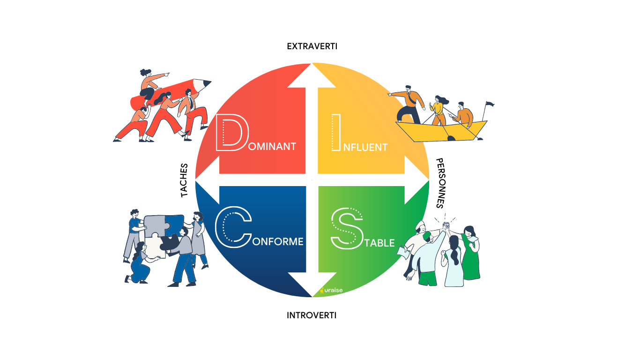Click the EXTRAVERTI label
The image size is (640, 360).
point(312,46)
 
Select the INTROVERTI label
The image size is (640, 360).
point(312,315)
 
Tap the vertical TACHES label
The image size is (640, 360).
point(184,180)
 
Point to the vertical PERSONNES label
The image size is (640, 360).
point(440,183)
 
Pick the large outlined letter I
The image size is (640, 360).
point(335,133)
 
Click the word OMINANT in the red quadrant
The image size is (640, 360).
point(273,147)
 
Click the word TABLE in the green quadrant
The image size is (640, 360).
point(380,243)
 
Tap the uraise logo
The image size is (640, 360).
point(332,291)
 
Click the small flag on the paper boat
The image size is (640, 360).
point(490,104)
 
